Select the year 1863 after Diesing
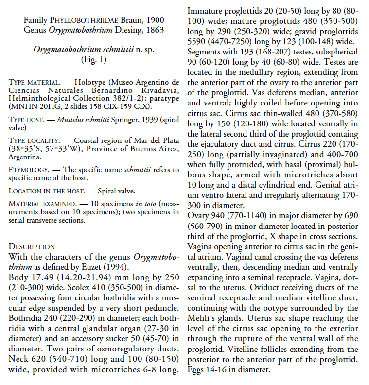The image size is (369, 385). click(x=155, y=30)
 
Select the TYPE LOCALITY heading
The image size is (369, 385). click(x=33, y=140)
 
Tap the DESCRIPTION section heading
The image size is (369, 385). click(x=32, y=247)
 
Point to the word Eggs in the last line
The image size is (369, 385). click(x=195, y=369)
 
